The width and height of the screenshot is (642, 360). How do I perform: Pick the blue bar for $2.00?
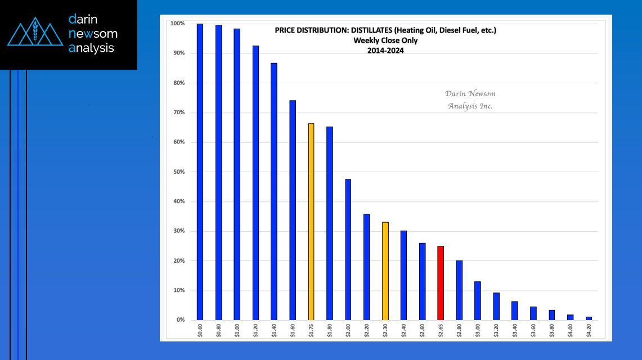point(348,250)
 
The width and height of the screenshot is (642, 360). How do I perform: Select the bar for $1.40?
point(274,191)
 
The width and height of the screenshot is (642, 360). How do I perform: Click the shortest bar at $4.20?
point(589,318)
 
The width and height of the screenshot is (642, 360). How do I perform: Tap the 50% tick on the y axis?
point(177,172)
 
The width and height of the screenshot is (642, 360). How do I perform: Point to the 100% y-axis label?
point(177,24)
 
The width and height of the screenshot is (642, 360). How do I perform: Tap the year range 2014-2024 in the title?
point(385,50)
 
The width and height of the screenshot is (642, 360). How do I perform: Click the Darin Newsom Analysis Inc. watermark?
point(470,100)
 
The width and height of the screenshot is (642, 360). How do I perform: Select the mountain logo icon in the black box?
point(35,34)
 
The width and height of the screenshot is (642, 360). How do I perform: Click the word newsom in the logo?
point(93,34)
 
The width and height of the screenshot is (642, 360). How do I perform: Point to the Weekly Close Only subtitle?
point(385,40)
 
